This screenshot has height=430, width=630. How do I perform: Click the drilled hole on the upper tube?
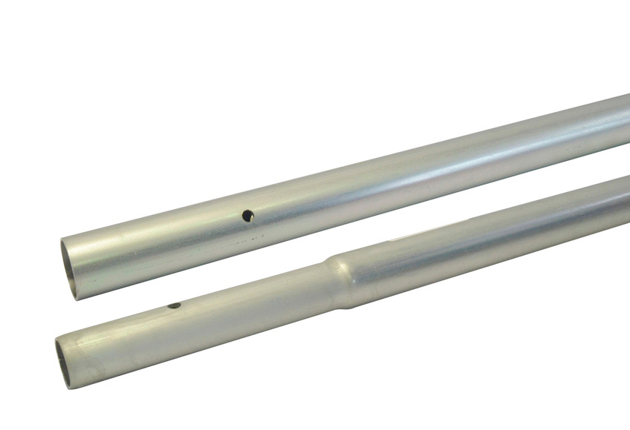point(248,216)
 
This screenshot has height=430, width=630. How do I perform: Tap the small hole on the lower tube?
point(174,305)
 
